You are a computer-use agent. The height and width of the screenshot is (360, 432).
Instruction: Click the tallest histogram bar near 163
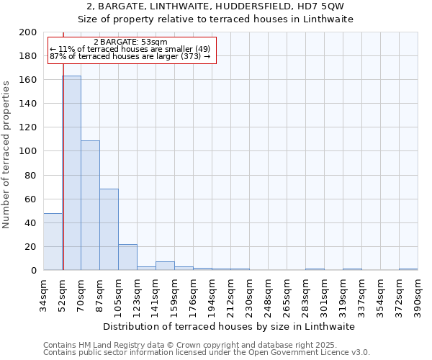click(x=71, y=173)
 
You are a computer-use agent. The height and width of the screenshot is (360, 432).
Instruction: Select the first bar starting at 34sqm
click(x=53, y=242)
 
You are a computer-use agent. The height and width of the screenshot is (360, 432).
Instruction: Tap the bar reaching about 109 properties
click(x=90, y=205)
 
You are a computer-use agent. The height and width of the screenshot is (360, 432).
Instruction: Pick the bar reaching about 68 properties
click(x=109, y=230)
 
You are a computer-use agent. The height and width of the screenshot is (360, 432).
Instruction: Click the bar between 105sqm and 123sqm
click(x=127, y=257)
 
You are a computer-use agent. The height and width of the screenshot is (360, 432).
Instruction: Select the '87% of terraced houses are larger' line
click(x=130, y=56)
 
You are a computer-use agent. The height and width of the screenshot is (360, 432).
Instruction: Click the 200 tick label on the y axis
click(x=28, y=32)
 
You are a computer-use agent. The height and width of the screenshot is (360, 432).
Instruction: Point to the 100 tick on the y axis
click(x=28, y=151)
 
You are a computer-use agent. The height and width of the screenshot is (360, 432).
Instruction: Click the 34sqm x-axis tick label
click(x=43, y=294)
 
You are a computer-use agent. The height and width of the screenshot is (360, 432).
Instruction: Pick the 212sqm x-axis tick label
click(x=230, y=294)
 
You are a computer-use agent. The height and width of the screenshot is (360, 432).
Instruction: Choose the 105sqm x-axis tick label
click(x=118, y=294)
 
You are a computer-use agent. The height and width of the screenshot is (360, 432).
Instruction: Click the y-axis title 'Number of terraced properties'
click(x=6, y=154)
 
